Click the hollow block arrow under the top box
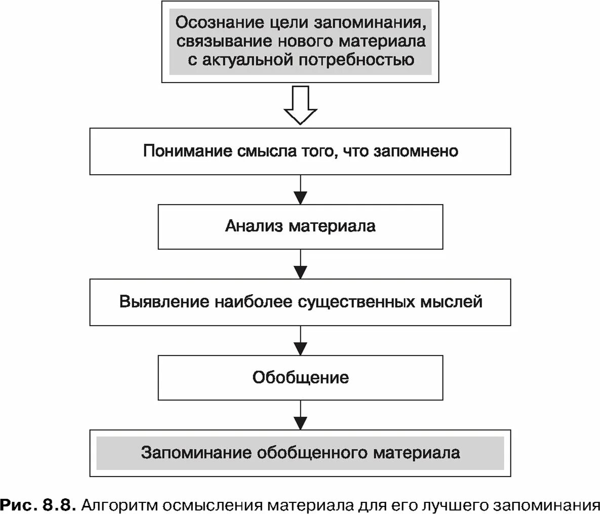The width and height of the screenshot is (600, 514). point(301,105)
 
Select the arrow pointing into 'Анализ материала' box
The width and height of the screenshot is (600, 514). point(301,191)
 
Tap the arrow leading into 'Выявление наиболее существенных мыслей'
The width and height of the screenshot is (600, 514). point(301,265)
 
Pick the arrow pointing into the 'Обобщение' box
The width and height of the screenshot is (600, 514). point(301,341)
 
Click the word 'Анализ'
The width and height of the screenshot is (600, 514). point(254,225)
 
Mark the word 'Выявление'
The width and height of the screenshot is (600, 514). point(165,302)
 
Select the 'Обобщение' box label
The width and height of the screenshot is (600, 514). point(301,378)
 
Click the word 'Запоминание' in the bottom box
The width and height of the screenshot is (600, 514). point(196,452)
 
